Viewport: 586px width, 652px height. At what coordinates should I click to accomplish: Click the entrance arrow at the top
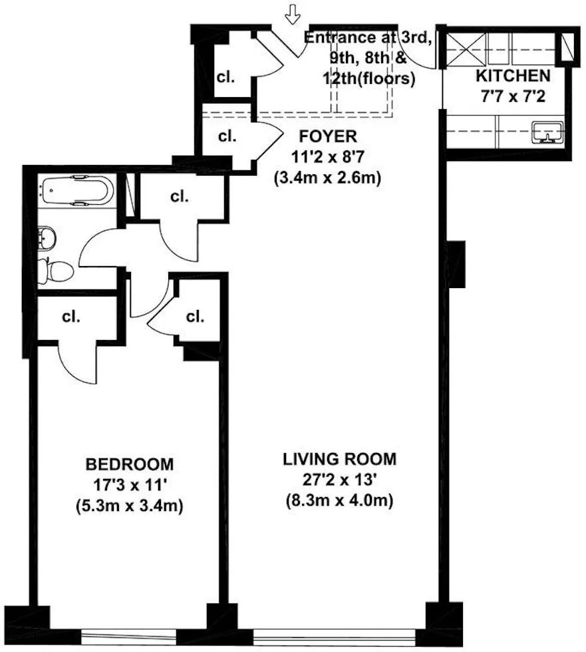tap(291, 13)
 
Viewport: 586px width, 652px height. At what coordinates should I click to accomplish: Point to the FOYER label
tap(328, 137)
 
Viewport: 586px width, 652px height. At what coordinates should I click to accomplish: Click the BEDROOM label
tap(130, 463)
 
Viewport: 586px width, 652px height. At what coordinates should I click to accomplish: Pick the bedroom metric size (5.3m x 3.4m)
tap(130, 506)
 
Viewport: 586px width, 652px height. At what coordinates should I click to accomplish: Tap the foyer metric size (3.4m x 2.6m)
tap(328, 178)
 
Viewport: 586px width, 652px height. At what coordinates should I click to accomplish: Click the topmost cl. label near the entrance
tap(226, 77)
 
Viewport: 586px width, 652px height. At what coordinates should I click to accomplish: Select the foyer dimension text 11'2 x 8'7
tap(328, 158)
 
